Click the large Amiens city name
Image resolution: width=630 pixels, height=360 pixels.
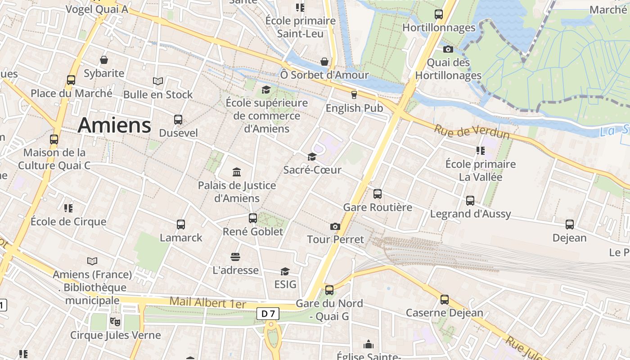pos(114,125)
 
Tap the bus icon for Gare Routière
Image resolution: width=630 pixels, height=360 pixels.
pos(378,194)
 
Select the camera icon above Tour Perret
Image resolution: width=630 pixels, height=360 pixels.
pos(335,226)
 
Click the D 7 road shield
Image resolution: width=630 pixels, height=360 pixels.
pos(268,313)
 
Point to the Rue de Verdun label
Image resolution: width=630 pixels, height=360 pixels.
pos(472,132)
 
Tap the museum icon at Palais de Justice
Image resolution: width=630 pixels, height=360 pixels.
pos(237,172)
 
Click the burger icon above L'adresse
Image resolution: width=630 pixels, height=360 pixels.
pos(235,257)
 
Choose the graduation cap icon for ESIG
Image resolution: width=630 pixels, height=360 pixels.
pos(285,271)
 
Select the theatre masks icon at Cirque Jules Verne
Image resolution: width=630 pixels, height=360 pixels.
pos(115,322)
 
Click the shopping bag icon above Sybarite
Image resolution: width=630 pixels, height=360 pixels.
pos(104,60)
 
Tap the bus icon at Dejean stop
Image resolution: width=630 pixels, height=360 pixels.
pos(570,224)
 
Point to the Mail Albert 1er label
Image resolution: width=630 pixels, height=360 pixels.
pos(208,302)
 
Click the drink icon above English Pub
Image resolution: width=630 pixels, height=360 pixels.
pos(354,94)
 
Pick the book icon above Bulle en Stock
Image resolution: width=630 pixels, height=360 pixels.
pos(158,81)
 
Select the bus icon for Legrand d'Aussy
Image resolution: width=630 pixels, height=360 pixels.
pos(470,200)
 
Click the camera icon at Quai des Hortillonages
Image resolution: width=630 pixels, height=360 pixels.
pos(448,49)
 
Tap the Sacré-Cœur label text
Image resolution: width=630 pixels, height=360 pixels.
pos(312,170)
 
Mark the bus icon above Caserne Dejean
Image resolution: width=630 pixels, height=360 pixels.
pos(445,299)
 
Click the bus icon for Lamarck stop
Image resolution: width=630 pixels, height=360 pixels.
pos(181,224)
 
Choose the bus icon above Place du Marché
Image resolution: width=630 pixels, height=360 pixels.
pos(71,80)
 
